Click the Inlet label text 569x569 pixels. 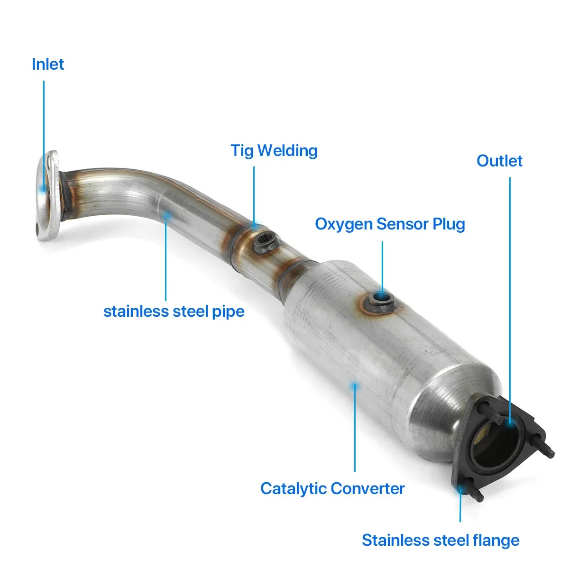(x=48, y=64)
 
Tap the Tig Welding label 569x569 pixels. (x=274, y=151)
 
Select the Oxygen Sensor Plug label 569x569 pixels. (x=390, y=224)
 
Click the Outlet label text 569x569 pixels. (x=499, y=161)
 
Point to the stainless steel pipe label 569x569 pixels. (x=174, y=312)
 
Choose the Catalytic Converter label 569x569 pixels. (x=332, y=488)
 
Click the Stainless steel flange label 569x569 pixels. (x=441, y=540)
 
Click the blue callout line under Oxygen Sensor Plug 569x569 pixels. (x=382, y=266)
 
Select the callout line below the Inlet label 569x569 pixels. (x=44, y=133)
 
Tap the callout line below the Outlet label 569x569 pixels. (x=510, y=284)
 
